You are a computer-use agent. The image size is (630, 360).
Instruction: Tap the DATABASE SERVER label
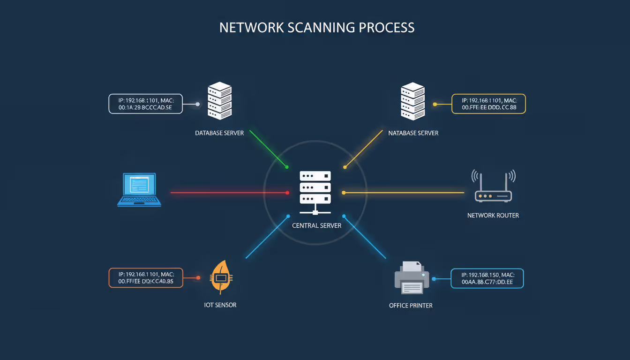(x=219, y=133)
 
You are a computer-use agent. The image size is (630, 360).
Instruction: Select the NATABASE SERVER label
(x=413, y=133)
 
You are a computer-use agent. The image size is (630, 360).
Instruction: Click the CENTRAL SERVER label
(x=316, y=225)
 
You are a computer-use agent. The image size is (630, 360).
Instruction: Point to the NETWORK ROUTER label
(x=493, y=216)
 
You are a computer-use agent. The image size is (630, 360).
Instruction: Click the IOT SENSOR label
(x=220, y=305)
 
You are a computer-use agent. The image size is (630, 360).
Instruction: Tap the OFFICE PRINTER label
(x=411, y=306)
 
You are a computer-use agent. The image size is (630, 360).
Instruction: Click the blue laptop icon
(x=139, y=190)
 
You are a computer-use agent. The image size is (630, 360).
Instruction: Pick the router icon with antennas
(x=493, y=187)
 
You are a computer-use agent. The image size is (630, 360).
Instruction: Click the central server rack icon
(x=315, y=190)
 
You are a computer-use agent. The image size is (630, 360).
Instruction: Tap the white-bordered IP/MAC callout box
(x=145, y=104)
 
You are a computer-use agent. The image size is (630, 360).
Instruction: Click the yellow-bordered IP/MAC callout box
(x=488, y=104)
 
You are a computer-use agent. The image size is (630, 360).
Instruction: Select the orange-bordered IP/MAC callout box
(x=145, y=277)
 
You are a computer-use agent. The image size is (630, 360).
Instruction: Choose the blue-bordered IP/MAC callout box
(x=487, y=278)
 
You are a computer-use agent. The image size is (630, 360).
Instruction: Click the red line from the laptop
(x=230, y=192)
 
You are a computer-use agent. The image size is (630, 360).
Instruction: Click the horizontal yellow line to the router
(x=403, y=192)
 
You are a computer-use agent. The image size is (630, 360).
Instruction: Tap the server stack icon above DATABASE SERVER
(x=219, y=101)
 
